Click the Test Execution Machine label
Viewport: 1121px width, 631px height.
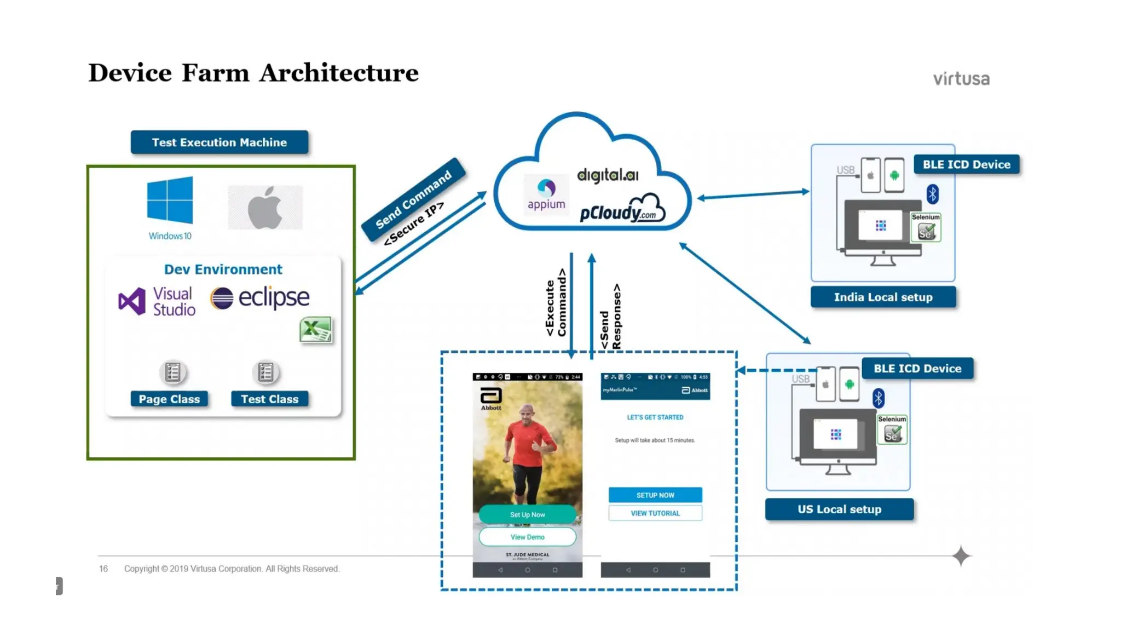coord(219,142)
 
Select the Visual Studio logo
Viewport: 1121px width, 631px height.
coord(157,301)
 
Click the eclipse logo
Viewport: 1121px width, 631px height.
coord(260,297)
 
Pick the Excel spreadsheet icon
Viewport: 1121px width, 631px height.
coord(316,330)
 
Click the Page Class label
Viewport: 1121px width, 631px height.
coord(169,399)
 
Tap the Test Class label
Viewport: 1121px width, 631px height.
coord(269,399)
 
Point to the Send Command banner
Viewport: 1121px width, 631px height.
coord(414,199)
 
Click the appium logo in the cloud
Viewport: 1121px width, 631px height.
coord(546,195)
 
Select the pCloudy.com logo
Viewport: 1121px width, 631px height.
coord(622,210)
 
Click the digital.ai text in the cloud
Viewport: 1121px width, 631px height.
coord(608,175)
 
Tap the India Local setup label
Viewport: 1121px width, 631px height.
coord(883,297)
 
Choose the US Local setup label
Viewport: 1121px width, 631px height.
coord(839,509)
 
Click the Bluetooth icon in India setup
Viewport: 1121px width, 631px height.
coord(933,194)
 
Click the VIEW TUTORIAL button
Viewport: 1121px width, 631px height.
coord(655,513)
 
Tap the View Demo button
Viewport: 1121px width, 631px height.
coord(527,537)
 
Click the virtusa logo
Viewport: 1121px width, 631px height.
coord(961,79)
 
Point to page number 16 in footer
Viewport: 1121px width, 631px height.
coord(103,569)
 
